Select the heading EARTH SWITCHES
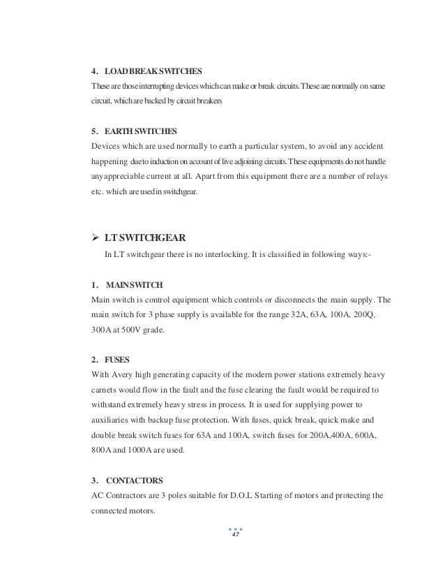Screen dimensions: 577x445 point(132,131)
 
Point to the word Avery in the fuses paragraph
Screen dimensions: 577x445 point(120,374)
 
